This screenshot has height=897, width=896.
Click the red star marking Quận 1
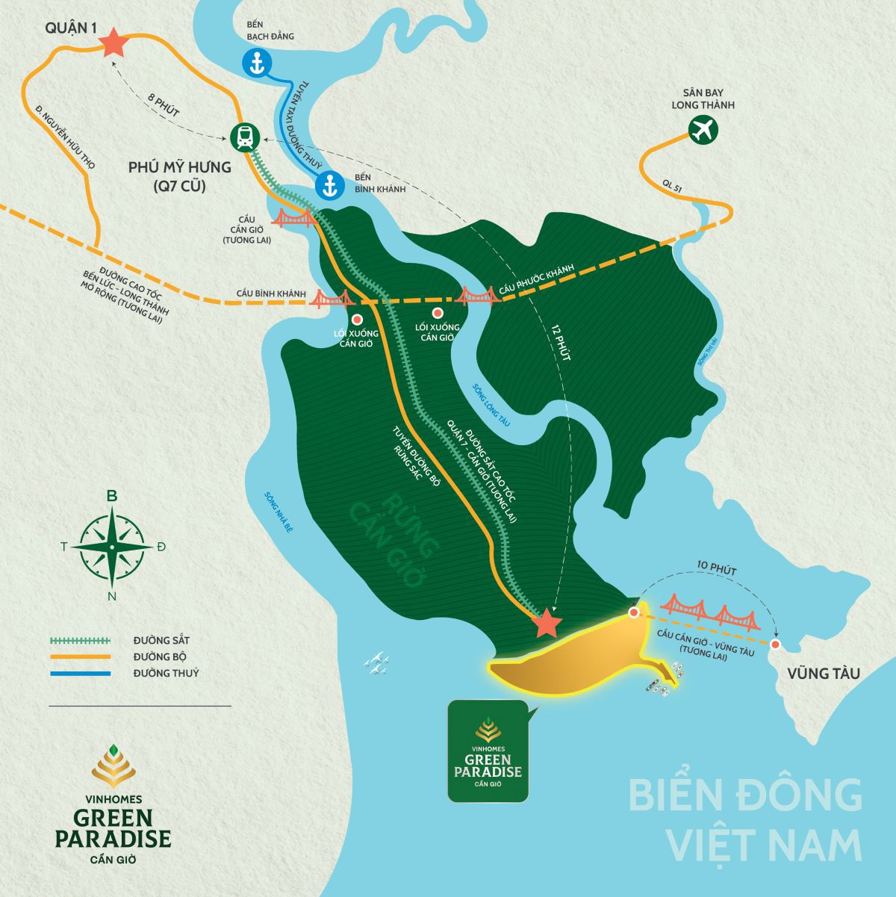click(113, 43)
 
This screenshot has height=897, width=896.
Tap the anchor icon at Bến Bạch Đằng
click(257, 63)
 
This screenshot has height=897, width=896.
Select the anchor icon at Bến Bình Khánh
click(329, 184)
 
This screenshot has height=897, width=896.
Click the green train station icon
click(244, 137)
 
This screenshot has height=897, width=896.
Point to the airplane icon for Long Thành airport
click(703, 130)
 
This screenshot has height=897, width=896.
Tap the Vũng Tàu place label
click(823, 674)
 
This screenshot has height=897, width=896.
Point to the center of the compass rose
click(112, 547)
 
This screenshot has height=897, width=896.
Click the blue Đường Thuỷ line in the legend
click(80, 674)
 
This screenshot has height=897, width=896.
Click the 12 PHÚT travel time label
click(560, 344)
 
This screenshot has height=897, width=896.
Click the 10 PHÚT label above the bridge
click(716, 571)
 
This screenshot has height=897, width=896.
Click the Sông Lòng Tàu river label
click(491, 405)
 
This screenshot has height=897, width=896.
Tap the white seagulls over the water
click(376, 663)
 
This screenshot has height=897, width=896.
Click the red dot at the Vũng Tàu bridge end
click(776, 644)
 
